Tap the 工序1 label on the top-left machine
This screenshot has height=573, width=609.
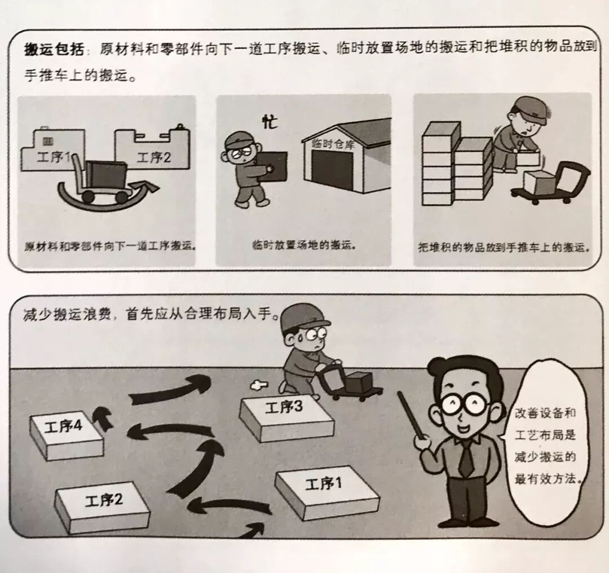pos(54,156)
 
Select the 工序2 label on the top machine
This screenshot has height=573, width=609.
pos(153,157)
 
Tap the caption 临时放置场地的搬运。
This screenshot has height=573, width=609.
pos(304,245)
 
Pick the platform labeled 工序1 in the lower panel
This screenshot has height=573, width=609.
pos(327,491)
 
